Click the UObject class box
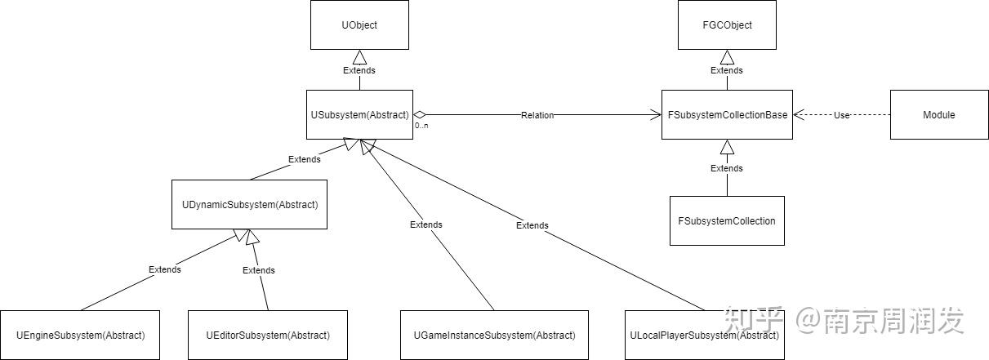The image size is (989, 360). coord(359,25)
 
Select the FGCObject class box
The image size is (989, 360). coord(727,25)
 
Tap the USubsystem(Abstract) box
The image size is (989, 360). coord(359,115)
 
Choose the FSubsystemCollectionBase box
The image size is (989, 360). coord(727,115)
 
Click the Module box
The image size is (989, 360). coord(938,115)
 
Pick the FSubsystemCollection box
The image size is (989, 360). coord(727,220)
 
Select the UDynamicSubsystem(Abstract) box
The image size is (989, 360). coord(249,204)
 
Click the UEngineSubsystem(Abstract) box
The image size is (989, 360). coord(81,335)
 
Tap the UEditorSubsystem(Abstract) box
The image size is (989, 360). coord(269,335)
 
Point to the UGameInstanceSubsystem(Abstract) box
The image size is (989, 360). coord(494,335)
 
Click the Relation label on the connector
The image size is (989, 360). coord(537,115)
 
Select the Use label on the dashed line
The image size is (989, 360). coord(841,115)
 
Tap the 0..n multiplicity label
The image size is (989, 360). coord(421,127)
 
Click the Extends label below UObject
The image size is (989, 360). coord(359,70)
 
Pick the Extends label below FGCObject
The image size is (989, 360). coord(727,70)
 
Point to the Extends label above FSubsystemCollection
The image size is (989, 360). coord(727,168)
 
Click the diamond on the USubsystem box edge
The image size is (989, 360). coord(420,115)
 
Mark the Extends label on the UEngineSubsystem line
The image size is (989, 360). coord(165,269)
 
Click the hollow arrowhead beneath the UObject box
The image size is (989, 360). coord(359,56)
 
